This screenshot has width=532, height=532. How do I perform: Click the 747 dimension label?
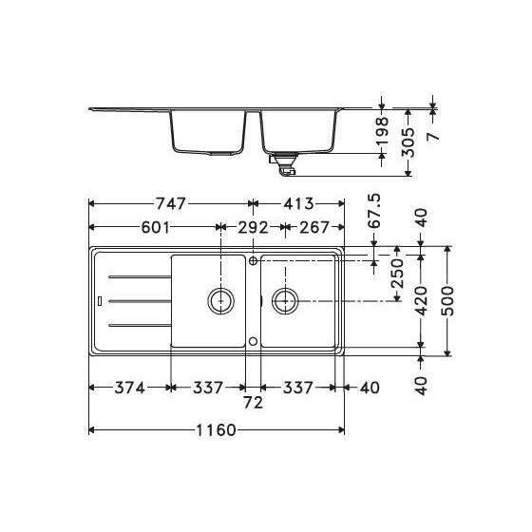coord(168,203)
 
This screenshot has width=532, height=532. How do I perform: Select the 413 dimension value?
coord(283,203)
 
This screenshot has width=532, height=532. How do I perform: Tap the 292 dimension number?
coord(252,228)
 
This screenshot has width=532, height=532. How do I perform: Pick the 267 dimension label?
coord(313,228)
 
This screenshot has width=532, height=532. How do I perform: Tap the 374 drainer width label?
coord(130,388)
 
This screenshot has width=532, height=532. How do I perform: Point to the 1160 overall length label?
coord(216,430)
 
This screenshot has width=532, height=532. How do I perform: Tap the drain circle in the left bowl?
coord(221,301)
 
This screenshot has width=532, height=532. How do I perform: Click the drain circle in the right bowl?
coord(284,301)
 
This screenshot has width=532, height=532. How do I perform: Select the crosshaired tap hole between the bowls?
coord(254,260)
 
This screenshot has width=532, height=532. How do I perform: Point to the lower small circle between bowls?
coord(254,340)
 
